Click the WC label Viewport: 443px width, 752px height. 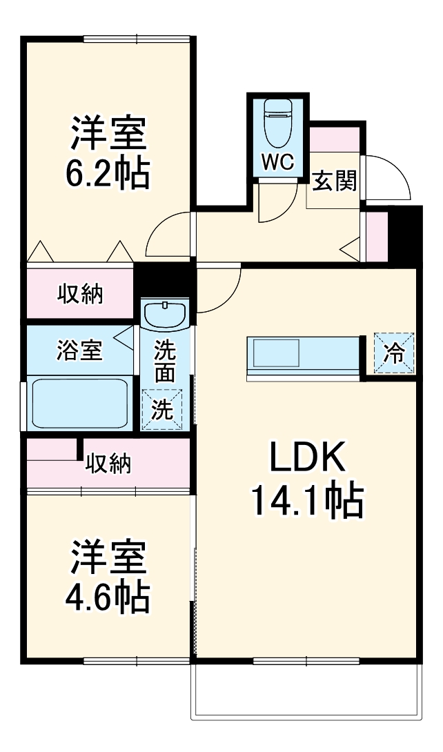tap(277, 163)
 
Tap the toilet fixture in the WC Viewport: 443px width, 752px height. tap(278, 123)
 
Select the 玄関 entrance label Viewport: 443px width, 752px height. tap(335, 181)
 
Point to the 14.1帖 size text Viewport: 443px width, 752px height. tap(307, 500)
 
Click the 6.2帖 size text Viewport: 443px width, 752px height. tap(108, 173)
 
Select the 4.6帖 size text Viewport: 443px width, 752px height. tap(108, 596)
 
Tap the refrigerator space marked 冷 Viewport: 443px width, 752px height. tap(394, 353)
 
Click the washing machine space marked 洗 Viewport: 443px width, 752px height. tap(162, 409)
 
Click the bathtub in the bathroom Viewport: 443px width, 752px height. tap(79, 404)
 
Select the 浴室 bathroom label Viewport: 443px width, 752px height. tap(79, 350)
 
